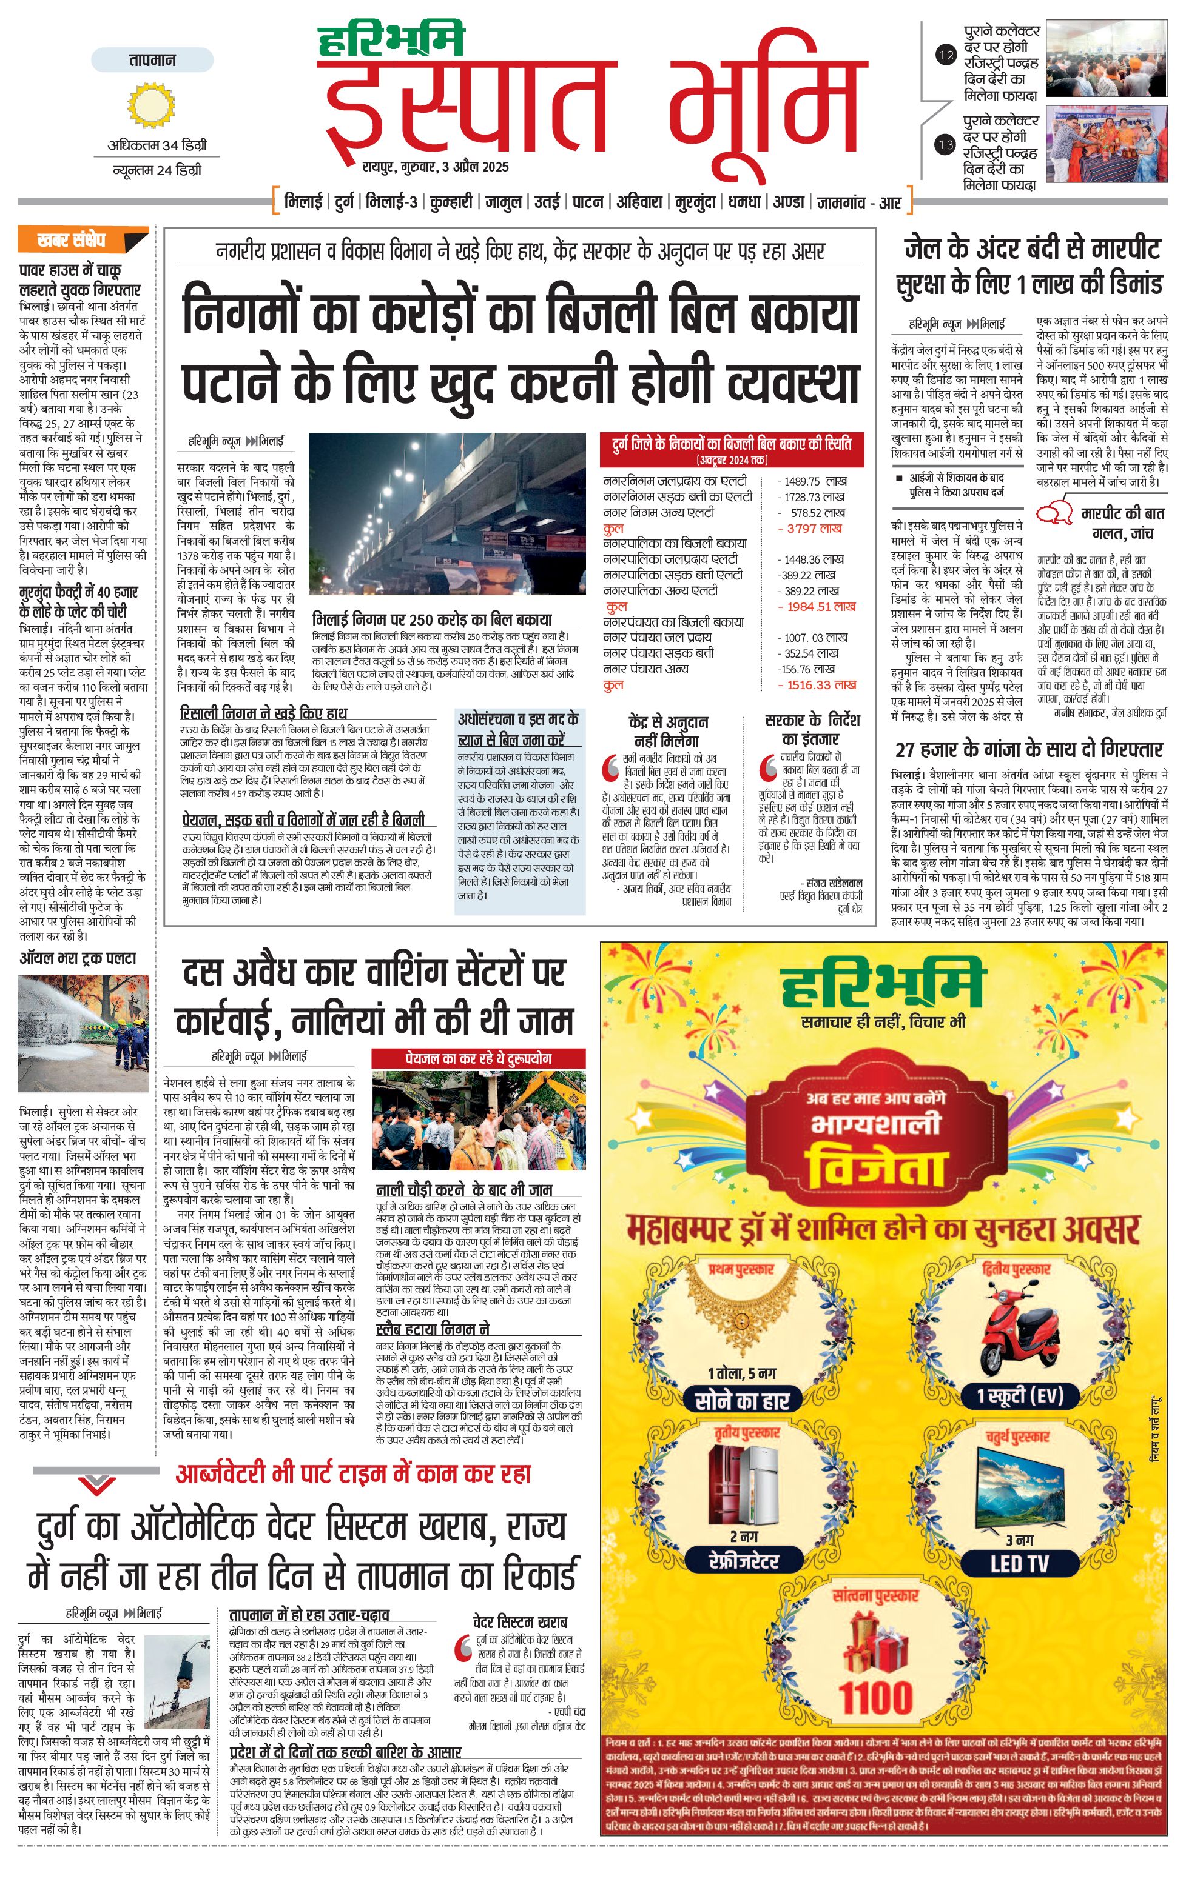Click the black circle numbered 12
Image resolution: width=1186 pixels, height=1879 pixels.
coord(946,55)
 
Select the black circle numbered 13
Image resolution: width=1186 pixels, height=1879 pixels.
coord(946,144)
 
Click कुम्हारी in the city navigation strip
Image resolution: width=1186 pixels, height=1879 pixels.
coord(451,202)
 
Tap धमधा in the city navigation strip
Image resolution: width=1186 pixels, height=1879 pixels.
coord(744,202)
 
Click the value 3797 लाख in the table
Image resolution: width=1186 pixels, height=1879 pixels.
coord(814,529)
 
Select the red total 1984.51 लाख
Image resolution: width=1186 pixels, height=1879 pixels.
coord(816,606)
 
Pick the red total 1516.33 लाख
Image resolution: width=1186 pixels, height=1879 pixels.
coord(816,684)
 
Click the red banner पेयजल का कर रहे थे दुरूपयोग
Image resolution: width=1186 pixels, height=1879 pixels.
coord(478,1058)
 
